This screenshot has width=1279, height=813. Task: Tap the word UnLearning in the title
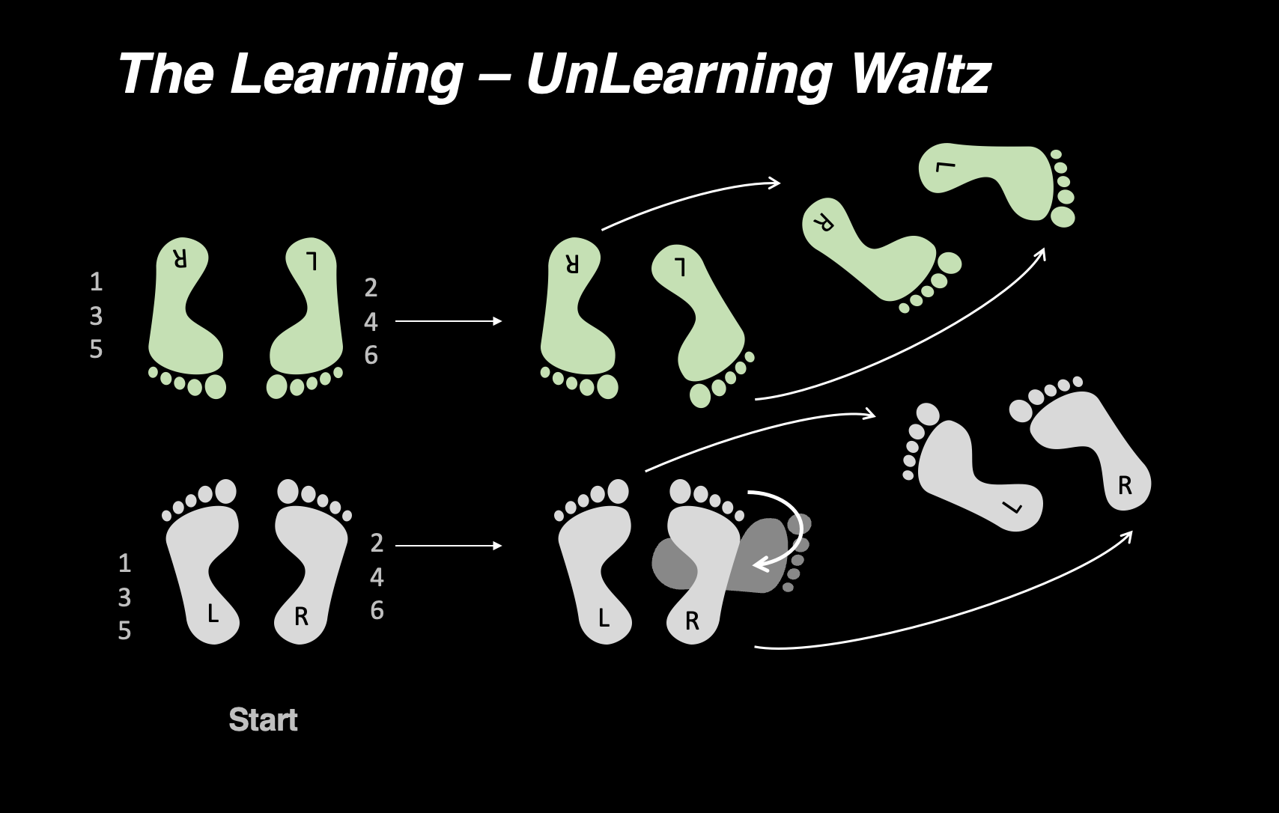678,75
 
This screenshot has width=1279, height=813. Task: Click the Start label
263,720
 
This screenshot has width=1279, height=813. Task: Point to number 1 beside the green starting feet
96,282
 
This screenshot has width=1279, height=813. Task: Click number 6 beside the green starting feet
371,355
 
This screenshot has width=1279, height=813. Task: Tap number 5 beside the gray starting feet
124,631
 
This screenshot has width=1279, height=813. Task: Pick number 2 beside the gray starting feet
377,543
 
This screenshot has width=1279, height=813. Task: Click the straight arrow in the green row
448,321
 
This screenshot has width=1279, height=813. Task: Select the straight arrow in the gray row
448,546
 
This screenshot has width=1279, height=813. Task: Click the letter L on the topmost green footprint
946,166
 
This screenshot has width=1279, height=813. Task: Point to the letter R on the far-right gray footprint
1125,487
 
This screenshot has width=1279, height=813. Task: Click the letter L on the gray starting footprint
213,615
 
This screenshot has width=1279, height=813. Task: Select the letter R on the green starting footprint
180,259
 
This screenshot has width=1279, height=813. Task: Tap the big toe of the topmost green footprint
1063,217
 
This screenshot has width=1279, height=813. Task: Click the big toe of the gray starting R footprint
288,491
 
